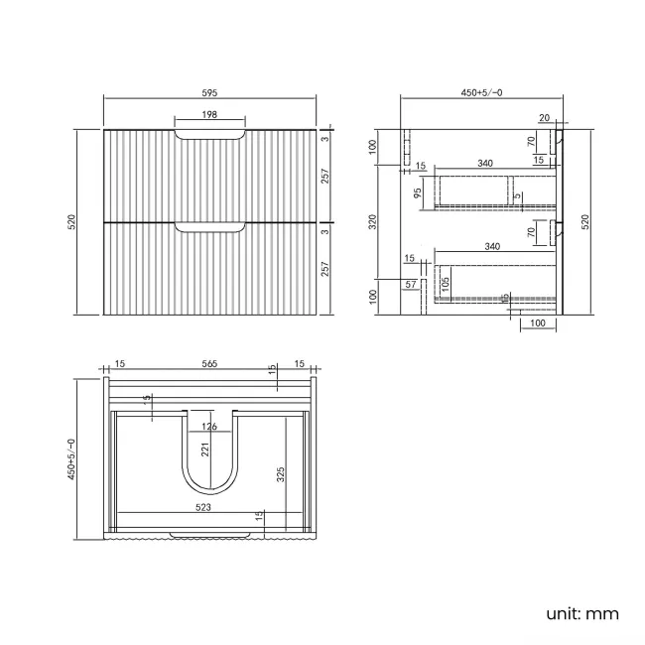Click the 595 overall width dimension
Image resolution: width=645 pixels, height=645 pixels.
(x=209, y=92)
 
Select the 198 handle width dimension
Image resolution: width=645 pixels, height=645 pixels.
(x=209, y=115)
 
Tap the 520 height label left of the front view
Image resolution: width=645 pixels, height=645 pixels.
(x=72, y=222)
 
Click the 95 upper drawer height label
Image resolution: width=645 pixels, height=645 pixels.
(x=419, y=191)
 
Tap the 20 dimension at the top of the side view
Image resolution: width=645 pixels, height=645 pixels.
(x=545, y=118)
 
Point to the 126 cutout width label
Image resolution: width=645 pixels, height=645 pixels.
(x=209, y=428)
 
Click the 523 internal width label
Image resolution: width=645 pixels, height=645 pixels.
(x=202, y=507)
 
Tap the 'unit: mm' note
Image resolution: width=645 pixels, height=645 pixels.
(x=581, y=614)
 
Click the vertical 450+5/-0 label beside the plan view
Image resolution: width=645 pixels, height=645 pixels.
(x=72, y=457)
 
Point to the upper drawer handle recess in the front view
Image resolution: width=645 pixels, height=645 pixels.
(x=209, y=135)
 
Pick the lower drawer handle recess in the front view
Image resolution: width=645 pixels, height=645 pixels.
(x=209, y=228)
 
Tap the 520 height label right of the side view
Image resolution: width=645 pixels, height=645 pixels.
(x=585, y=222)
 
